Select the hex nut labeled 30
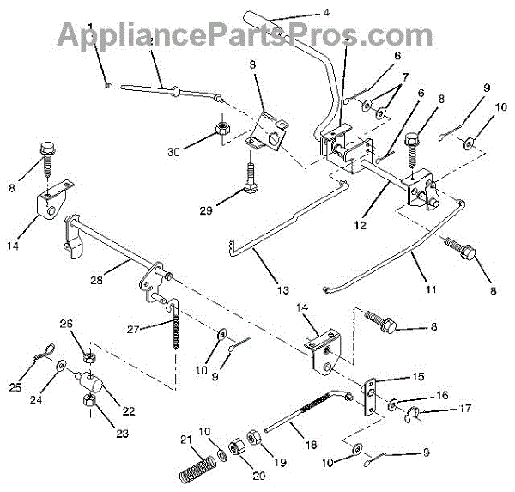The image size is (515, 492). point(220,129)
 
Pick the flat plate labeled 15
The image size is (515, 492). point(371,398)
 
